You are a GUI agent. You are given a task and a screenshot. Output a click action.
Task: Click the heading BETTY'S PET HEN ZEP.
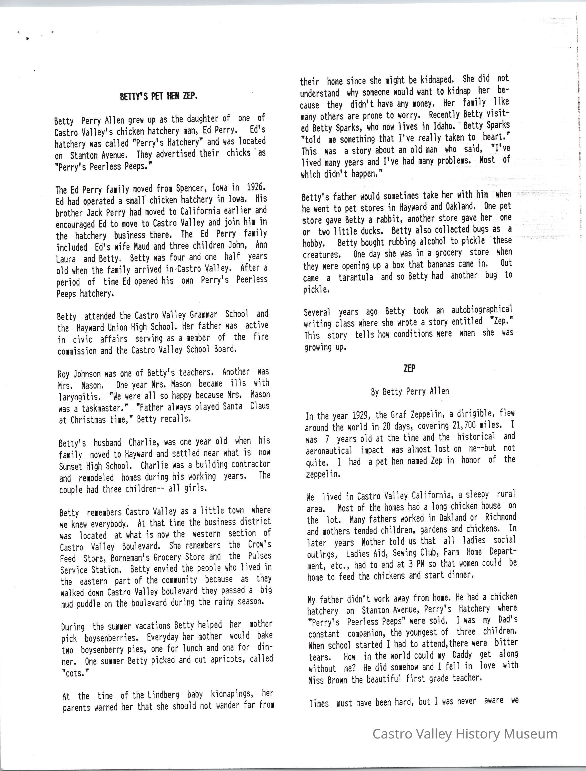(159, 96)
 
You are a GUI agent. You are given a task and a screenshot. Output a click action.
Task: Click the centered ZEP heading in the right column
(409, 368)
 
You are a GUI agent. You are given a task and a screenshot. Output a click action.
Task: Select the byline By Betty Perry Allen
(410, 391)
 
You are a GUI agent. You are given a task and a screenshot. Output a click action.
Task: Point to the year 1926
(256, 187)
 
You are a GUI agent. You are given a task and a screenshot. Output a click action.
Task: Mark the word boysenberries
(110, 638)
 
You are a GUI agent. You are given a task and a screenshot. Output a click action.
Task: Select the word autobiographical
(482, 310)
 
